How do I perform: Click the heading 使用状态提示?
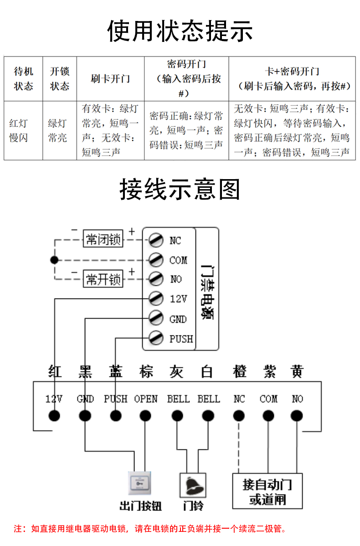click(x=180, y=31)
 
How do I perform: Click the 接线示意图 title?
click(x=180, y=189)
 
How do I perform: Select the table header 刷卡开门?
click(x=110, y=78)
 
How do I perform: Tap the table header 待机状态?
click(x=23, y=78)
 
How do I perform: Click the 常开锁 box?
click(x=103, y=279)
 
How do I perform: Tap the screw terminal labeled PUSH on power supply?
click(x=156, y=338)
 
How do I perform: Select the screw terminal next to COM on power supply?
click(x=156, y=259)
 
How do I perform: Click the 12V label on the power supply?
click(x=178, y=299)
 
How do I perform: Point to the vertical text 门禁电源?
click(x=207, y=292)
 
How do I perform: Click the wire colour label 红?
click(x=55, y=371)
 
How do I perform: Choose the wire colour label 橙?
click(x=239, y=371)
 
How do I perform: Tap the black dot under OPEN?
click(x=145, y=416)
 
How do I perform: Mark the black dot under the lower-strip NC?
click(x=238, y=416)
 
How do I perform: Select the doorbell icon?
click(x=192, y=484)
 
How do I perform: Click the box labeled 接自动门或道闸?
click(x=267, y=491)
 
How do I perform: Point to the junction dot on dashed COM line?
click(x=55, y=260)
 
